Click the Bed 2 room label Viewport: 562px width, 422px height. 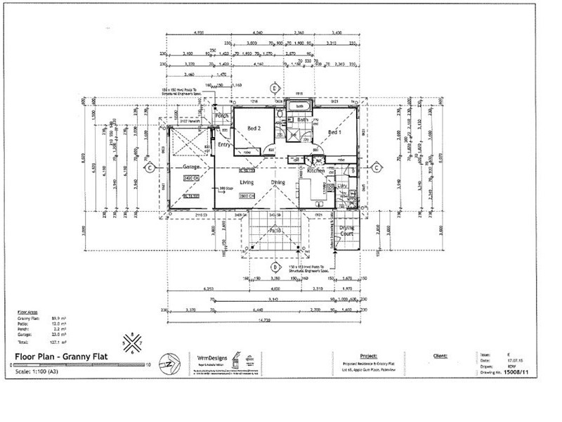(x=255, y=128)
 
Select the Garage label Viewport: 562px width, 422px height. (x=193, y=167)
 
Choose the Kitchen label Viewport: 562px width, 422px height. (x=316, y=171)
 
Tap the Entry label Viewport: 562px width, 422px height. (x=224, y=144)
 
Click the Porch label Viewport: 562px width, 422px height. (x=223, y=116)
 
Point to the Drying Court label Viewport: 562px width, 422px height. (x=348, y=231)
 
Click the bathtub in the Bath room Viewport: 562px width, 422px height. (x=303, y=107)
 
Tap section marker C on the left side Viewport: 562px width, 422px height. (x=150, y=167)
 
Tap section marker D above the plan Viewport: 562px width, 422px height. (x=275, y=87)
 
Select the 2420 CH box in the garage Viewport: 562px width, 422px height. (x=191, y=179)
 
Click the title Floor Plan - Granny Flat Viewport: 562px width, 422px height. (x=60, y=357)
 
